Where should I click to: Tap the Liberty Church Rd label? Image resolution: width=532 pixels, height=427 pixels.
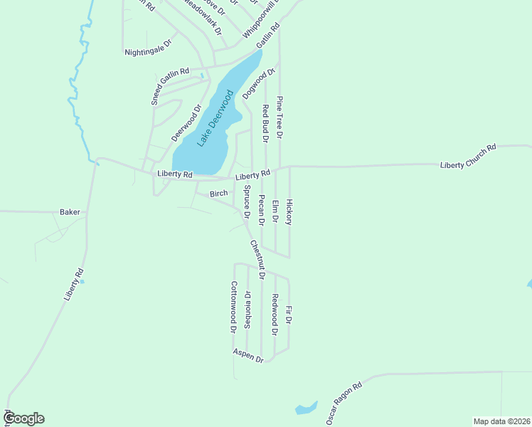click(467, 157)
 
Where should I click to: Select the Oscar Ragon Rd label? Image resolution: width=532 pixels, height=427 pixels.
click(345, 404)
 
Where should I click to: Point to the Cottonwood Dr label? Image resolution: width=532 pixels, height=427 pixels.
click(233, 307)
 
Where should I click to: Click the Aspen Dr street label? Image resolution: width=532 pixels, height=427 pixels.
click(248, 356)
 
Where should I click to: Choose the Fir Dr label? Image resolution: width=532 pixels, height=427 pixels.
click(289, 315)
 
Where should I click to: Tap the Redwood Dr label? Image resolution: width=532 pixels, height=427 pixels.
click(275, 314)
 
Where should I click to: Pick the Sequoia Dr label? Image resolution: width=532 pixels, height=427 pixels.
click(248, 308)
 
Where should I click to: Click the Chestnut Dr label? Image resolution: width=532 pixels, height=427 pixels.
click(257, 259)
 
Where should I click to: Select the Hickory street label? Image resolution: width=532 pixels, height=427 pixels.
click(289, 211)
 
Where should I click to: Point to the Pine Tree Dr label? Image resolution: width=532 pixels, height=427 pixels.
click(280, 117)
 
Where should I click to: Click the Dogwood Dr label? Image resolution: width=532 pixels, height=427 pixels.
click(258, 83)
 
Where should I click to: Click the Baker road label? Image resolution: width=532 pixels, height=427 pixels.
click(70, 212)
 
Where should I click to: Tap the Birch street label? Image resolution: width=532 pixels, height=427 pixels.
click(218, 194)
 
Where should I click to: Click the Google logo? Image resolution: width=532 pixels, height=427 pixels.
click(25, 418)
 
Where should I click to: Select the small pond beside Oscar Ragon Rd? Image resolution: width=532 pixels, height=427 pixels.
click(307, 408)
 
